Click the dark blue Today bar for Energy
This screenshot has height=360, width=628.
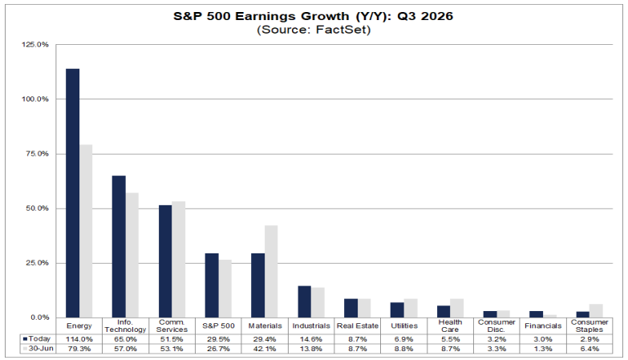(72, 193)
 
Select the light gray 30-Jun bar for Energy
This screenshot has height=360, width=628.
(86, 231)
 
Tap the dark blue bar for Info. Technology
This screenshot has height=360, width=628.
(119, 247)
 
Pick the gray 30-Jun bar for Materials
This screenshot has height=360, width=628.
(271, 272)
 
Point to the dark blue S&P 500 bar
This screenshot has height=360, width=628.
(212, 285)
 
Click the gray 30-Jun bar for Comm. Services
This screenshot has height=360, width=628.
(179, 260)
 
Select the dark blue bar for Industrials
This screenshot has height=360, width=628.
(305, 301)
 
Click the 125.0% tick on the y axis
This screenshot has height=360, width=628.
(35, 44)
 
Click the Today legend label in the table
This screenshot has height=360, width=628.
(39, 339)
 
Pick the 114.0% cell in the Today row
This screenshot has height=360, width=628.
(79, 339)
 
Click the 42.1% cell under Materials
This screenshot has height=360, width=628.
(265, 349)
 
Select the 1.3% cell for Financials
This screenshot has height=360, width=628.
(543, 349)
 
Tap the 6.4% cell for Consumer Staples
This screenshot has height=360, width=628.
(590, 349)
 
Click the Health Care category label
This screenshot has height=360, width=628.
(450, 326)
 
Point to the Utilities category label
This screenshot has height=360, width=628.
(404, 326)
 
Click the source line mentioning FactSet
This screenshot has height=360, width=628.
(314, 30)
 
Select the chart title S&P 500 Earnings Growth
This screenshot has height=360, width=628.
(314, 16)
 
